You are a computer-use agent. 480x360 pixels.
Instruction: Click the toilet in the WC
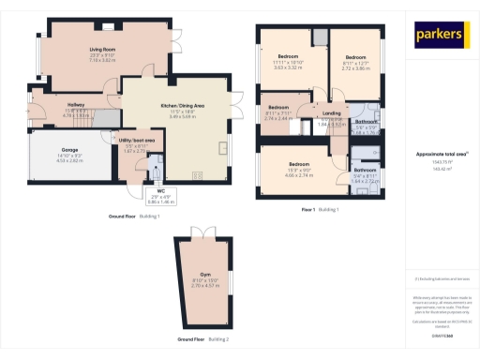tap(157, 172)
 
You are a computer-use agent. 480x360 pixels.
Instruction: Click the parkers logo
tap(440, 36)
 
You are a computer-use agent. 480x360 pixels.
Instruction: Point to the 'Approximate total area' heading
tap(440, 153)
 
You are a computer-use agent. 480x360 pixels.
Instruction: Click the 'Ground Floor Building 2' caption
tap(202, 338)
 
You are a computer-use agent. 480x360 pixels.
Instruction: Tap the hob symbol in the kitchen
tap(197, 174)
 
